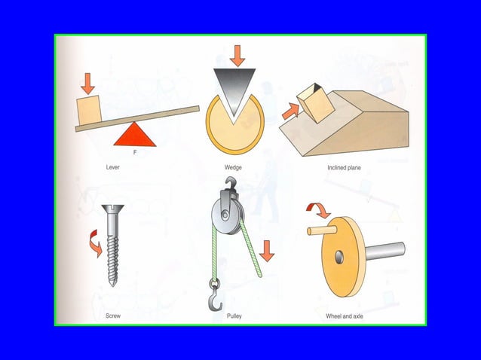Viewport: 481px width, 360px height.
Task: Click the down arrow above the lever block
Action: [88, 82]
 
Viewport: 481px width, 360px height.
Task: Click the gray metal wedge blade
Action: [234, 89]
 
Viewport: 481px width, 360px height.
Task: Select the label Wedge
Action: [233, 168]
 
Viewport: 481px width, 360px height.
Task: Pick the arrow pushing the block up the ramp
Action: [290, 111]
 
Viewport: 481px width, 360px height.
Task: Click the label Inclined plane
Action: [344, 168]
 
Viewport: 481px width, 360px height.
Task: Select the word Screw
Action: [112, 316]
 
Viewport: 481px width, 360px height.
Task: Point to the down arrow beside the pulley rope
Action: [267, 250]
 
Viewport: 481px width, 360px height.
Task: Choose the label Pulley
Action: [234, 316]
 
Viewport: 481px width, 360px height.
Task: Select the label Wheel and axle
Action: [344, 316]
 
